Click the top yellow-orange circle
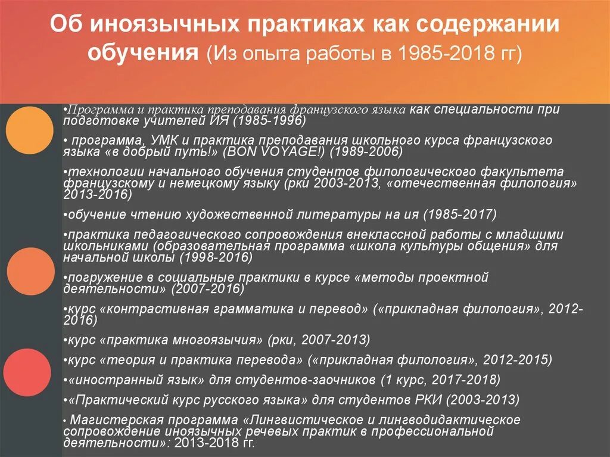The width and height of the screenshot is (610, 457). click(30, 130)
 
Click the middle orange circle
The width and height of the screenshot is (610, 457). click(30, 271)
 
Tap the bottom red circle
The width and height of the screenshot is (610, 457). click(26, 372)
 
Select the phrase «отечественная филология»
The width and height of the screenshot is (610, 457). click(482, 183)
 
